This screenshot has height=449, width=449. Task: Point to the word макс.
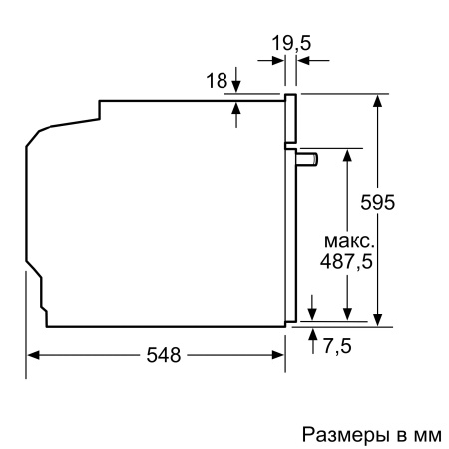point(348,242)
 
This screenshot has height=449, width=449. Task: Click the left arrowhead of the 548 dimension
point(33,355)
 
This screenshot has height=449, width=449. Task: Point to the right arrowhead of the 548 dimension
point(279,355)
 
